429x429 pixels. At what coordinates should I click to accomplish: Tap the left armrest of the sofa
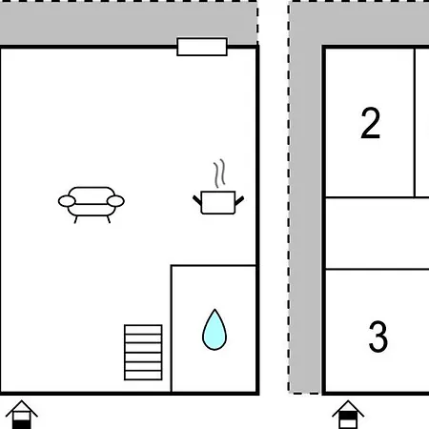[67, 201]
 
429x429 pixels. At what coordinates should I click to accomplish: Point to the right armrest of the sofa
[115, 201]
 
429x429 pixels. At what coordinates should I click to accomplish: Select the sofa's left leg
[76, 219]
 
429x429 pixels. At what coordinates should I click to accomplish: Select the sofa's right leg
[109, 219]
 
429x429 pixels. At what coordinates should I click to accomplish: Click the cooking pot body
[218, 202]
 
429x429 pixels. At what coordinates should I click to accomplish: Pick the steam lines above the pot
[219, 174]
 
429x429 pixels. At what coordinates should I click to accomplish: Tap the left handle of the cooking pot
[197, 200]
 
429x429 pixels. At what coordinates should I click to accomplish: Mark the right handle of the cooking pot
[239, 200]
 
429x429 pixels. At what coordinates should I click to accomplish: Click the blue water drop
[214, 331]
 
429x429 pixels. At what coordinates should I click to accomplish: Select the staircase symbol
[143, 353]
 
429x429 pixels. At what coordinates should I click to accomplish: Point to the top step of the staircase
[143, 330]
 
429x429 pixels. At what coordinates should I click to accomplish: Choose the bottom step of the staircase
[143, 376]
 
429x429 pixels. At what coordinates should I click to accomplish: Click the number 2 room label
[371, 123]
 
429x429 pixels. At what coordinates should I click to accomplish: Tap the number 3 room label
[378, 337]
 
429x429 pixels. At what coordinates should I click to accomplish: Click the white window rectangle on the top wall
[202, 47]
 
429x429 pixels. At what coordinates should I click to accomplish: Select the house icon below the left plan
[22, 415]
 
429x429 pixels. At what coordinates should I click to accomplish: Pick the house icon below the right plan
[348, 415]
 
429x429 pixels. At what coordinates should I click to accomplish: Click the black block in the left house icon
[22, 424]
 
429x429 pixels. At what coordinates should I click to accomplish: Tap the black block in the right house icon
[348, 416]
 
